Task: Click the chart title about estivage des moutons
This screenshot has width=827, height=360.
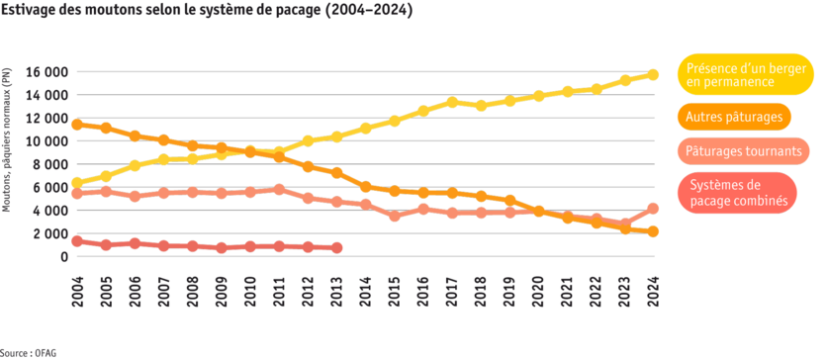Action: coord(207,10)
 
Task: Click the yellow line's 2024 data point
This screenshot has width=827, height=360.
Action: coord(653,74)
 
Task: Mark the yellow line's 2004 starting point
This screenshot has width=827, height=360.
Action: coord(77,182)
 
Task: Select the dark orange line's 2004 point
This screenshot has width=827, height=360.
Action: coord(77,125)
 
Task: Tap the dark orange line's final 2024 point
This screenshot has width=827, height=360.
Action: coord(653,231)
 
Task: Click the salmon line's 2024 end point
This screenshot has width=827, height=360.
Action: coord(653,208)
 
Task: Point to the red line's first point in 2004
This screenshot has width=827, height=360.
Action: coord(77,240)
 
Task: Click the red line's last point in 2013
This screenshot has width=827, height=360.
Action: coord(336,247)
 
